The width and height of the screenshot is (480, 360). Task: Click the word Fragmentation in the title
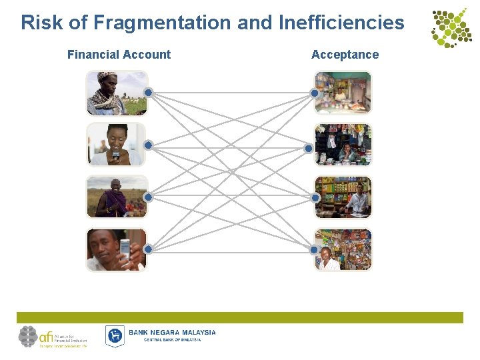point(162,23)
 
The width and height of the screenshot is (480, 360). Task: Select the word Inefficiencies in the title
point(341,23)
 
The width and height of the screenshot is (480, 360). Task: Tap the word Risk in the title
point(43,23)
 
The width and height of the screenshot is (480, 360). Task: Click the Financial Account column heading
point(119,55)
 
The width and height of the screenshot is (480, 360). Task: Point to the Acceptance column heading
point(345,55)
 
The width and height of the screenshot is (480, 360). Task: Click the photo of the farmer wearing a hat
point(116,93)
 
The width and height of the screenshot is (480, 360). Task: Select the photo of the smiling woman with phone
point(116,145)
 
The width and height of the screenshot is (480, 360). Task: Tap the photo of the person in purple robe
point(116,197)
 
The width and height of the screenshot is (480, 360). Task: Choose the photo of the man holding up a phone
point(116,249)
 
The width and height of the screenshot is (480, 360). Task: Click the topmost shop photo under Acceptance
point(343,93)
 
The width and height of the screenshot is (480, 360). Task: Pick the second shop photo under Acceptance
point(343,145)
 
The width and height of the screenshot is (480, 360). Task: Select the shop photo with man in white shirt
point(343,197)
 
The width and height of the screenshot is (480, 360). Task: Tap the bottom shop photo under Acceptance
point(343,249)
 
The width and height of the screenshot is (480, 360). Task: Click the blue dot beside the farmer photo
point(149,93)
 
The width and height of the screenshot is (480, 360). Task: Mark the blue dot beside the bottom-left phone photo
point(148,249)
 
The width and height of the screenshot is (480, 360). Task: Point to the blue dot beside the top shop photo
point(314,93)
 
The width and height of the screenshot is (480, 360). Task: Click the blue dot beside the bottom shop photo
point(314,249)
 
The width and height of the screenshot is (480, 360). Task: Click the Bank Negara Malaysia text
point(172,333)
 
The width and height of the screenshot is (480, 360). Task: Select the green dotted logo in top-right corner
point(450,28)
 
